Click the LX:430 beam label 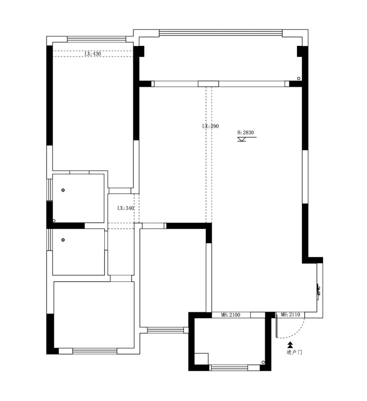[x=93, y=54]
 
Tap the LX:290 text [x=210, y=126]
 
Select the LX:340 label [x=126, y=208]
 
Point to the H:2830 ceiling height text [x=246, y=133]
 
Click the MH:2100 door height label [x=231, y=315]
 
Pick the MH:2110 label [x=290, y=315]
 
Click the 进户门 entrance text [x=294, y=352]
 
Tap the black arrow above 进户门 [x=290, y=345]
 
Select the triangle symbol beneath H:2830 [x=242, y=139]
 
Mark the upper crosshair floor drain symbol [x=63, y=190]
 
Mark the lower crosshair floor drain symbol [x=63, y=240]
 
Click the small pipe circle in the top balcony [x=298, y=79]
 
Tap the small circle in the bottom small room [x=263, y=362]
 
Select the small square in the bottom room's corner [x=201, y=359]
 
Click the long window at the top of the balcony [x=221, y=33]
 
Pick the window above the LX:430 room [x=97, y=39]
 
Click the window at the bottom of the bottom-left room [x=95, y=351]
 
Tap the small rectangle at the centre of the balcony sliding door [x=208, y=84]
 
